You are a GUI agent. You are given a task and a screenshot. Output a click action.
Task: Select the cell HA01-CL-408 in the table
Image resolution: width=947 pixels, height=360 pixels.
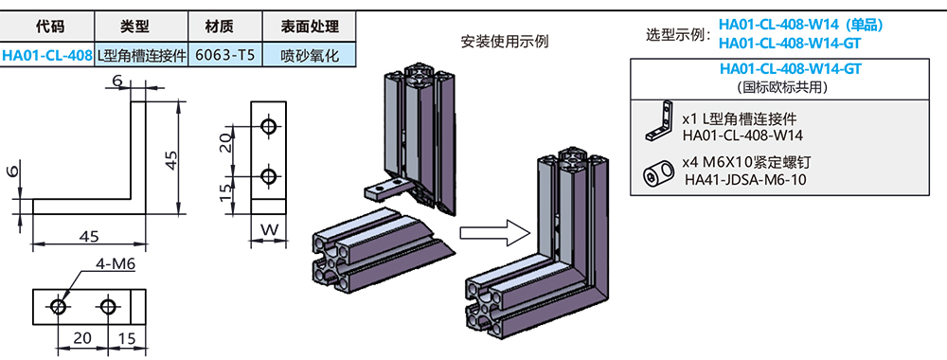click(x=47, y=55)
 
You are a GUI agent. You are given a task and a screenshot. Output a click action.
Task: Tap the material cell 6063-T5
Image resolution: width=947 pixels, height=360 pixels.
click(x=224, y=55)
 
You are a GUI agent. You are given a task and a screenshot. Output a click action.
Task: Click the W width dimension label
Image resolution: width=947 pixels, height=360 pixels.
click(x=268, y=228)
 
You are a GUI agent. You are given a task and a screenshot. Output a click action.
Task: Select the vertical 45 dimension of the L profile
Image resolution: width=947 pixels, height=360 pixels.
click(x=171, y=160)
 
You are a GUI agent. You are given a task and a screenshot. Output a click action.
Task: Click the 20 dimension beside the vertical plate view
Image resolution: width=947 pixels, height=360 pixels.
click(x=225, y=143)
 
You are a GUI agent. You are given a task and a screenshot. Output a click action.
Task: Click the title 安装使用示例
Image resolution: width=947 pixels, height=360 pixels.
click(x=504, y=42)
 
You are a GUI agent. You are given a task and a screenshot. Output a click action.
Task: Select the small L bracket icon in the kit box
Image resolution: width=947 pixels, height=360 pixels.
click(x=660, y=121)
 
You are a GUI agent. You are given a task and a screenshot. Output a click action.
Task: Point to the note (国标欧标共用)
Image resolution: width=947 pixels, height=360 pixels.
click(x=789, y=86)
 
